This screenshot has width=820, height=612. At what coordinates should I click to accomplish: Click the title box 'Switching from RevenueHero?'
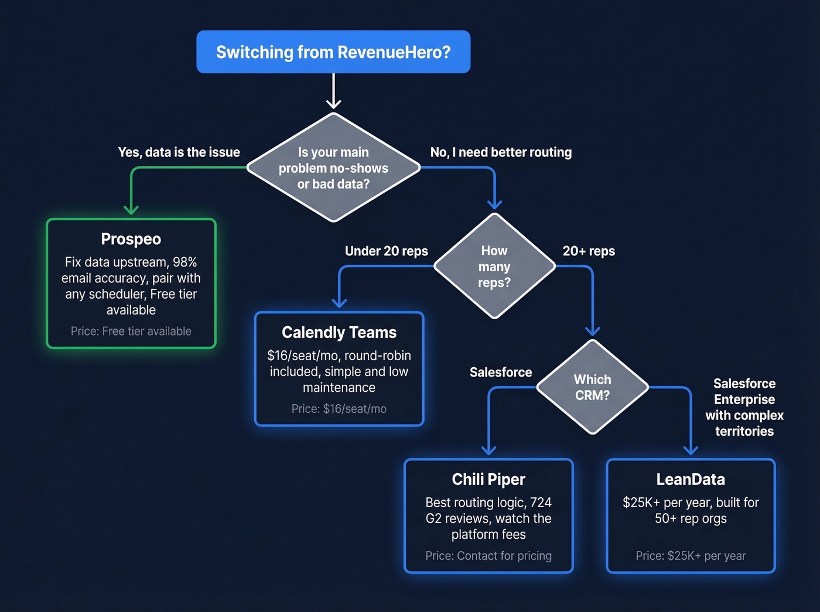[333, 52]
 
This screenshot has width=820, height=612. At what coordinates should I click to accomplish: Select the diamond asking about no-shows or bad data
[333, 168]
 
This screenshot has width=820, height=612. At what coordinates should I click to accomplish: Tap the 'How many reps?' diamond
[494, 266]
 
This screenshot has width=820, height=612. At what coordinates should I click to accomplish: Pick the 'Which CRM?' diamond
[592, 387]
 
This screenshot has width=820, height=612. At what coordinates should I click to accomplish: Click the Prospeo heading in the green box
[131, 239]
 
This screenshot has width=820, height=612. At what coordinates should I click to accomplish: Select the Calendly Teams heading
[339, 333]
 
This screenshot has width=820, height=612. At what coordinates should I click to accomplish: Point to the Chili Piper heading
[488, 480]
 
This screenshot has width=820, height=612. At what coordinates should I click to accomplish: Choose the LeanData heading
[691, 480]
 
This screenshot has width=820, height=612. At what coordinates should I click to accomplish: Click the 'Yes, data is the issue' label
[179, 152]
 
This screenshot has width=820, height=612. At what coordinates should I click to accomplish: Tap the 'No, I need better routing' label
[501, 152]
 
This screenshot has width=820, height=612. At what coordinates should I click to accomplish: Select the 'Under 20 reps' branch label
[387, 251]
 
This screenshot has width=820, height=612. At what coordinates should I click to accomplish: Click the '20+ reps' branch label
[589, 251]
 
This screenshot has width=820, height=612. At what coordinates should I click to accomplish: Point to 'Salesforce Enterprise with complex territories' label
[744, 408]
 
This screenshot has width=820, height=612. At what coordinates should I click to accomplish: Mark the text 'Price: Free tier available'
[131, 331]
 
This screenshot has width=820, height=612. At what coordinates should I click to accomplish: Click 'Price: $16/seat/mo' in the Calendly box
[339, 409]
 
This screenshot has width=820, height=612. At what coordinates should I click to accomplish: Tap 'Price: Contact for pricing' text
[488, 556]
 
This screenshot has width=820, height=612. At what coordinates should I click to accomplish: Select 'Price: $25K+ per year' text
[691, 556]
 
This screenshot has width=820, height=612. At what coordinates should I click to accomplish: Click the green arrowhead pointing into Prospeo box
[131, 209]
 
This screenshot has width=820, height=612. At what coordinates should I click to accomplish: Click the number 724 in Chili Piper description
[541, 502]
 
